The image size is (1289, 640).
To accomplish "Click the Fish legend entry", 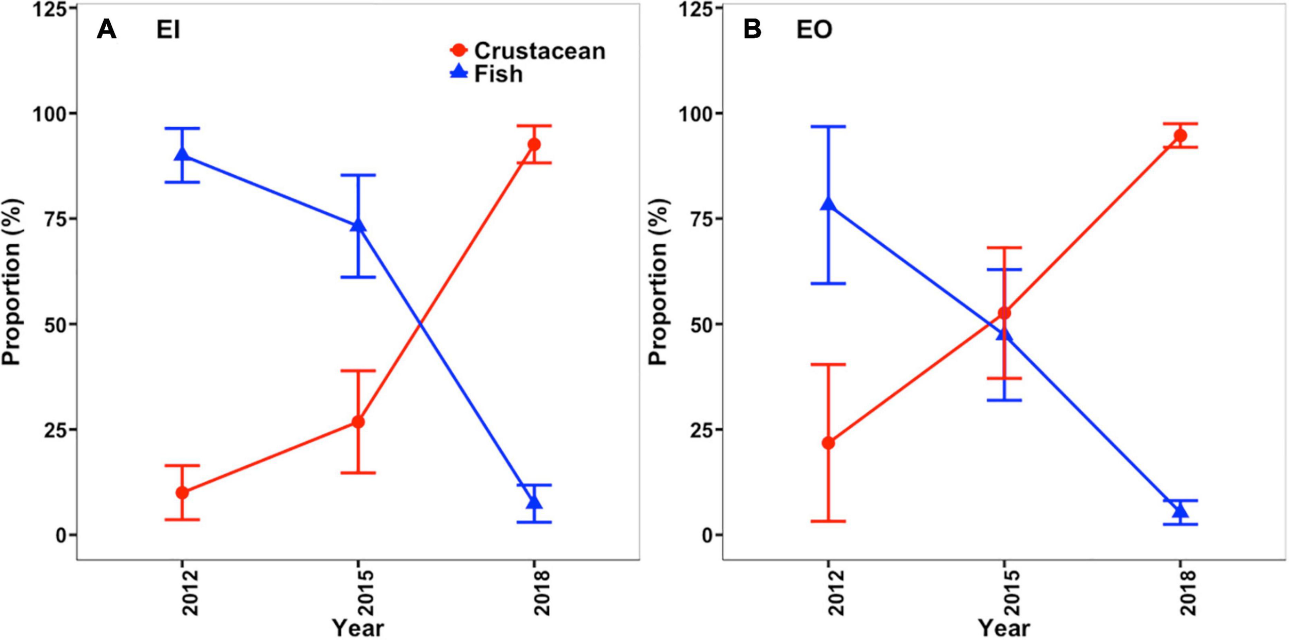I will (x=498, y=74).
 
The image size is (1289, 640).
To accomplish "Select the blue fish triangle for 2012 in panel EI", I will (x=182, y=154).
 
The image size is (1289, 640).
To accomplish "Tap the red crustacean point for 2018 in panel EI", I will (x=534, y=144).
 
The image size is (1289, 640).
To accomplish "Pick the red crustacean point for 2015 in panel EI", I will (x=358, y=422).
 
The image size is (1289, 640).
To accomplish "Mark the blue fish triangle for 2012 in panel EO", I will (x=828, y=204).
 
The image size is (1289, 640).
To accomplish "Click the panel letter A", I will (x=107, y=29).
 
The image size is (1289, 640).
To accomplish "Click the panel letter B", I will (x=752, y=29).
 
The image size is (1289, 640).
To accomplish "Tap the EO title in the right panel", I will (x=814, y=30).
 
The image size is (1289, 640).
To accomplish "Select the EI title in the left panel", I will (x=168, y=30).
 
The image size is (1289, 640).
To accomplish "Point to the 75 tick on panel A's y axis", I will (x=55, y=218).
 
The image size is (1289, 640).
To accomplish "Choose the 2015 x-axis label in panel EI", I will (x=366, y=593).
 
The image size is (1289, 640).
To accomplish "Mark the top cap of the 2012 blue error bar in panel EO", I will (x=828, y=126).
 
